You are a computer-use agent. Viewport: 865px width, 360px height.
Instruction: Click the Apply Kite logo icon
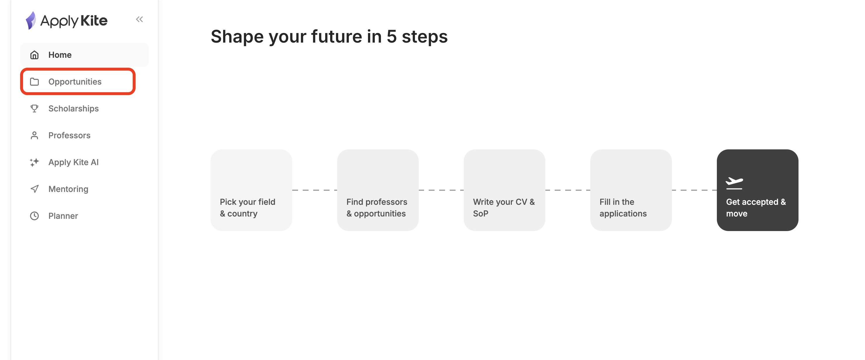click(x=31, y=20)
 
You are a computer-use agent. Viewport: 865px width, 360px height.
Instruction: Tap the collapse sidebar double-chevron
click(x=139, y=20)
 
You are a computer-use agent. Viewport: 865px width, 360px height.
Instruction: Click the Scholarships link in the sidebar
click(x=73, y=109)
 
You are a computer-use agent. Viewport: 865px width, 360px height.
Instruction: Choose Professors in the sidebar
click(x=69, y=135)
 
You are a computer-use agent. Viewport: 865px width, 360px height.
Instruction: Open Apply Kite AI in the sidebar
click(x=73, y=162)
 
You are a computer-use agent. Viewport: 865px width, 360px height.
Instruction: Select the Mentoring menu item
click(x=68, y=189)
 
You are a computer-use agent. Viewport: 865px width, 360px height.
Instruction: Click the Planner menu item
click(x=63, y=216)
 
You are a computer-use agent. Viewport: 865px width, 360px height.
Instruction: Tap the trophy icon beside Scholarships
click(x=34, y=109)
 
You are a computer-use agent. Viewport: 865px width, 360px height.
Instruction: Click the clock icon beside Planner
click(x=34, y=216)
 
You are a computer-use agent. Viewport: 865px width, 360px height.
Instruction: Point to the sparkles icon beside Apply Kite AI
click(x=34, y=162)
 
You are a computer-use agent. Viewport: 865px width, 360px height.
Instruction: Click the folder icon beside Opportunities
click(x=34, y=82)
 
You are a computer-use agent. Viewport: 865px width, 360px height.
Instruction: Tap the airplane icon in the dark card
click(x=734, y=183)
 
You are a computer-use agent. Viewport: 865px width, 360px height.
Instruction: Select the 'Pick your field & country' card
click(x=251, y=190)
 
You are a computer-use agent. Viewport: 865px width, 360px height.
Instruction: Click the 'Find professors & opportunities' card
click(x=378, y=190)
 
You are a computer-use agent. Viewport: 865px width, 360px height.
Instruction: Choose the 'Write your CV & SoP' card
click(x=504, y=190)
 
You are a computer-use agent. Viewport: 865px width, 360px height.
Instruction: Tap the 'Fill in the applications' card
click(x=631, y=190)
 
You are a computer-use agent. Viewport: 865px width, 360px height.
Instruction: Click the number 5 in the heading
click(x=392, y=36)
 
